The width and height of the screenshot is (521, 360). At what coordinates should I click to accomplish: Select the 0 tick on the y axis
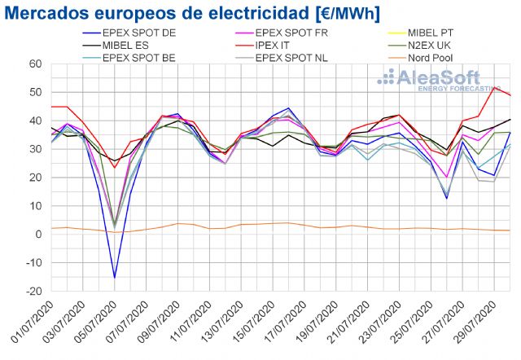click(36, 235)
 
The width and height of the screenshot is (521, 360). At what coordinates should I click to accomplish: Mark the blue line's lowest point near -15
click(115, 278)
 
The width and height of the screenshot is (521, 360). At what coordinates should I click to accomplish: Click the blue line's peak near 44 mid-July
click(289, 108)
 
